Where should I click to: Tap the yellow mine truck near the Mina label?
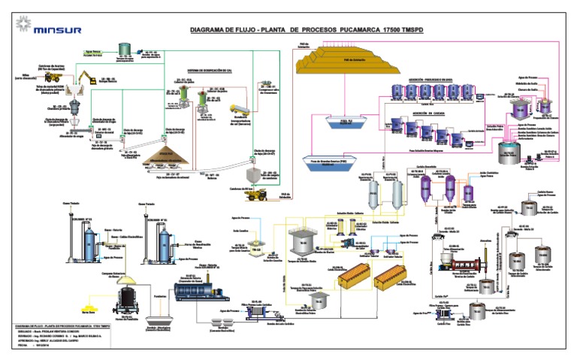pos(55,77)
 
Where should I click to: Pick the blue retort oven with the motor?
pos(203,289)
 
